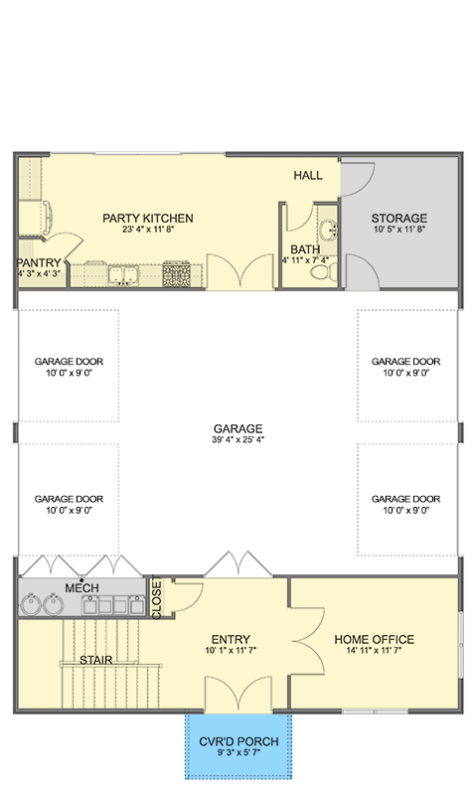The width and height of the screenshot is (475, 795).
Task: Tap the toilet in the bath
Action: pyautogui.click(x=332, y=265)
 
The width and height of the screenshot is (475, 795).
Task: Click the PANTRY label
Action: pyautogui.click(x=39, y=262)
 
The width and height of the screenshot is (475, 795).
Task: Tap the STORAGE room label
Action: pyautogui.click(x=399, y=219)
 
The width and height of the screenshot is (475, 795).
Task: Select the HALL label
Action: pyautogui.click(x=308, y=176)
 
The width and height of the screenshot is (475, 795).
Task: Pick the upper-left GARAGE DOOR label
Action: pyautogui.click(x=69, y=362)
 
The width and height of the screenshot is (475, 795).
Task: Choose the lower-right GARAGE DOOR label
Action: pyautogui.click(x=405, y=499)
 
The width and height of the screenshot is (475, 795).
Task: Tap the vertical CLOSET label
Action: pyautogui.click(x=156, y=599)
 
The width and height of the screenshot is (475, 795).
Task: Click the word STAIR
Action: pyautogui.click(x=95, y=660)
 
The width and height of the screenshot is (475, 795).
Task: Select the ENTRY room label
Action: pyautogui.click(x=230, y=639)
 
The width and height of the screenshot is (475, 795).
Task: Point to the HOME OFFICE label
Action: pyautogui.click(x=374, y=639)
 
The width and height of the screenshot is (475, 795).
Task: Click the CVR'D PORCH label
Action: pyautogui.click(x=237, y=741)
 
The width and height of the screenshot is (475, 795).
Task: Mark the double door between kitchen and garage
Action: pyautogui.click(x=237, y=271)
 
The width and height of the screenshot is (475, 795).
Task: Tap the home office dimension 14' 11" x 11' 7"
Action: pyautogui.click(x=374, y=652)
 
